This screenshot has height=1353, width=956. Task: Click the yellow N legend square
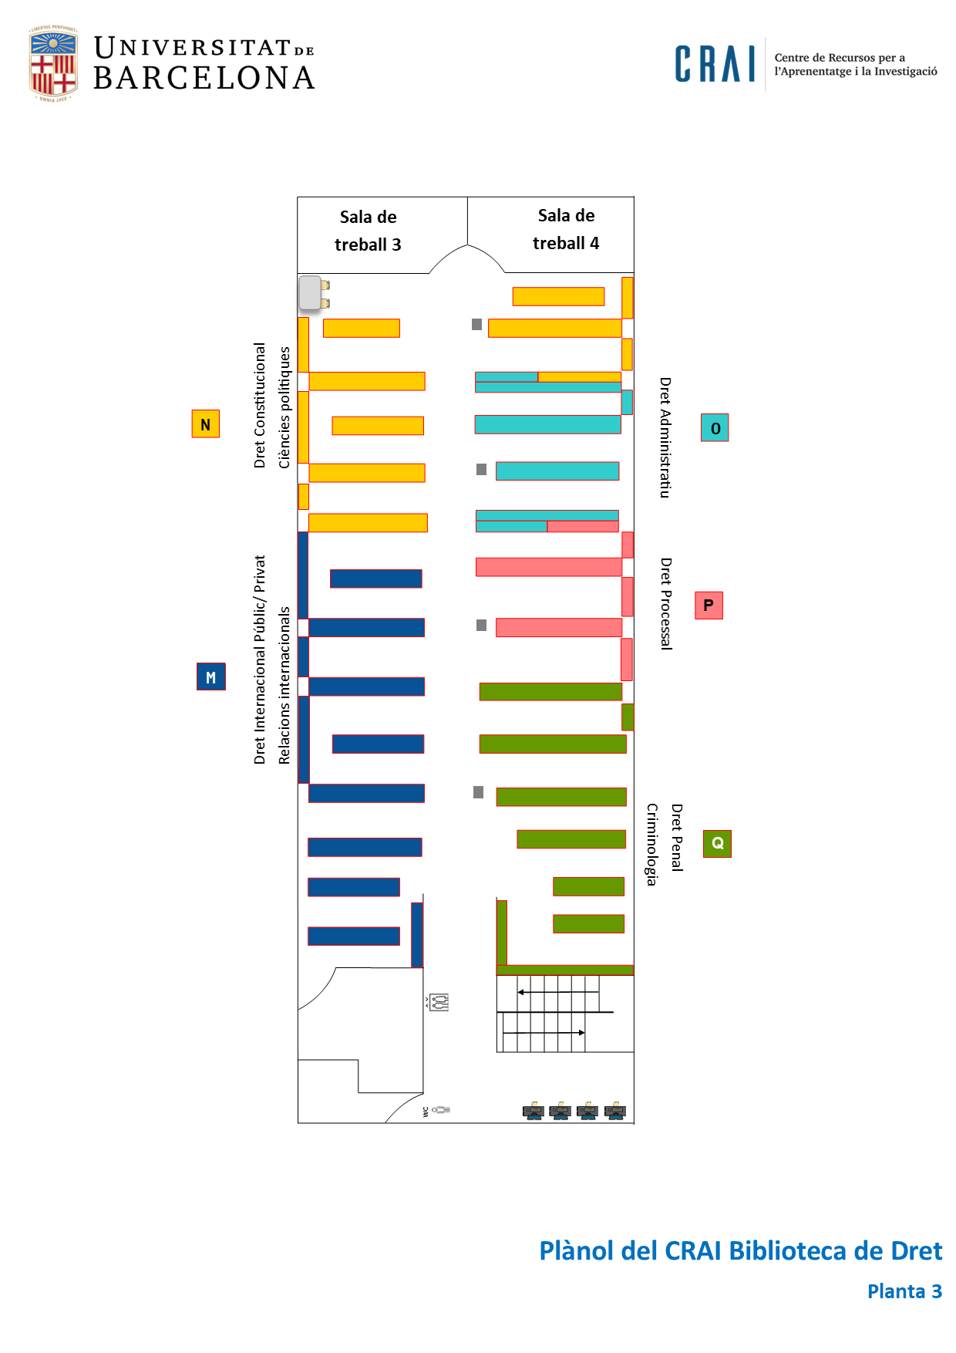[x=206, y=424]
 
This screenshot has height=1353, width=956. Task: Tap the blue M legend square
[x=210, y=676]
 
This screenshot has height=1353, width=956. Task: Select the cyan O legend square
[x=715, y=428]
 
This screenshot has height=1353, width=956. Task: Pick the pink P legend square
[x=709, y=606]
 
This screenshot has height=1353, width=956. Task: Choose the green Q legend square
[x=717, y=843]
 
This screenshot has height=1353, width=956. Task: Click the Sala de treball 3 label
[x=368, y=231]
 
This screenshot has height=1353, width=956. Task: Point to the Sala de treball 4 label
[x=566, y=229]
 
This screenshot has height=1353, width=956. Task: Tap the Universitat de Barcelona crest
[x=53, y=64]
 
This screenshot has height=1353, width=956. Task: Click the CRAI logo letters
[x=715, y=64]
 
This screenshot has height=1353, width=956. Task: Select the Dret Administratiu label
[x=665, y=437]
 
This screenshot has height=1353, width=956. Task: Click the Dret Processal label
[x=666, y=604]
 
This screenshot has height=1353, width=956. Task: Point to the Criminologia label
[x=652, y=844]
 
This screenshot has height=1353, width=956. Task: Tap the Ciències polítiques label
[x=284, y=407]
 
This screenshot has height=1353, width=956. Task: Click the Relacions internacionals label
[x=284, y=685]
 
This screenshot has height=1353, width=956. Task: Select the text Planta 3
[x=904, y=1291]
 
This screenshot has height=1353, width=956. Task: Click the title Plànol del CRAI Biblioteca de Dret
[x=740, y=1250]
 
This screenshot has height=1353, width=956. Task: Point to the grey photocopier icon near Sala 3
[x=313, y=292]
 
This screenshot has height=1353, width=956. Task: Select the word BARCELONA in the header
[x=204, y=78]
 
